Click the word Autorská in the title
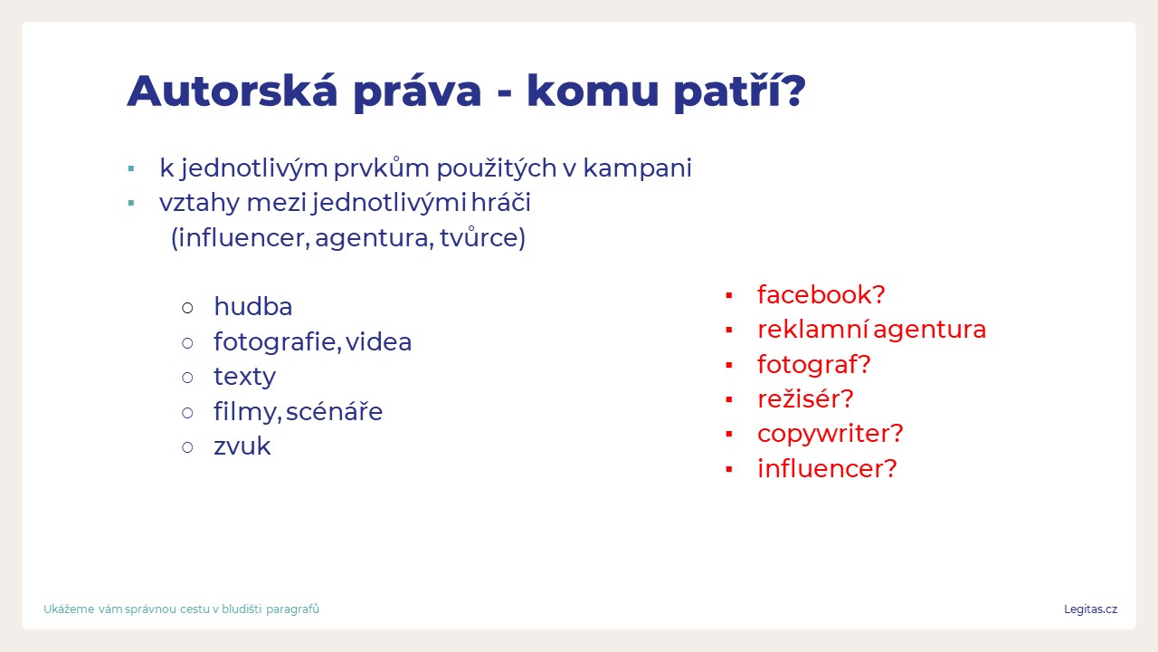(233, 91)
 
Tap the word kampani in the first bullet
(638, 168)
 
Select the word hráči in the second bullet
(501, 202)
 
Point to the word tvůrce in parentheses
(479, 238)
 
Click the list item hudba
(252, 306)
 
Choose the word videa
(378, 341)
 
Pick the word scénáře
(334, 412)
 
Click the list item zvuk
(242, 447)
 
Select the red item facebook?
(821, 295)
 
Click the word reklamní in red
(812, 330)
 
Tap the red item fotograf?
(814, 365)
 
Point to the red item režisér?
(805, 399)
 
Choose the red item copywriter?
(831, 434)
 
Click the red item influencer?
(827, 469)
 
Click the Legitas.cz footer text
(1090, 609)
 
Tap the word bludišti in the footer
(242, 609)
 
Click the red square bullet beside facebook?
(729, 295)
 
